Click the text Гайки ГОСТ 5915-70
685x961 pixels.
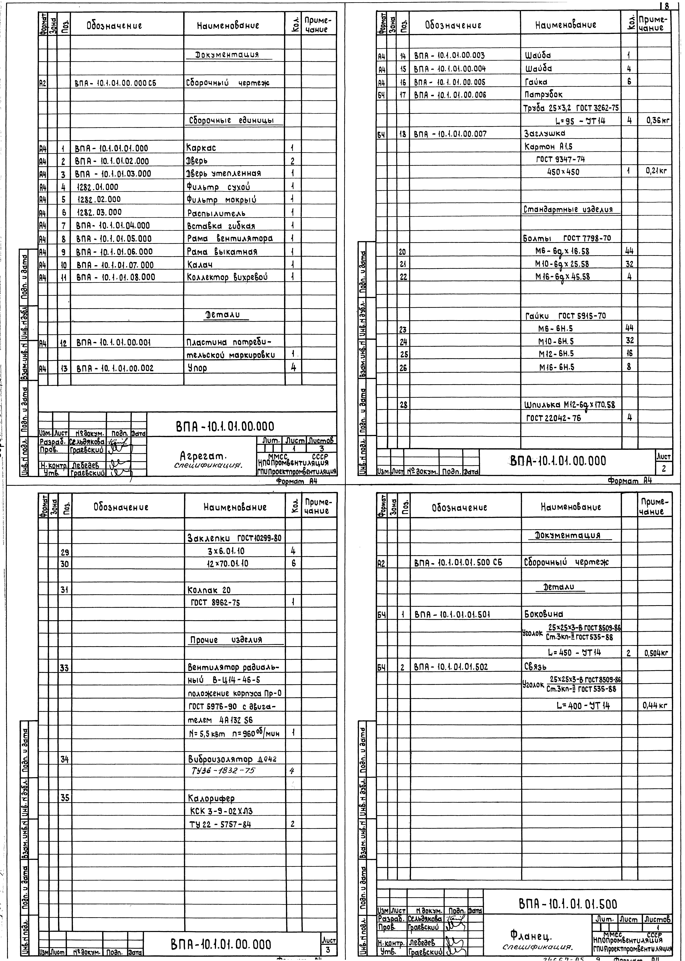pyautogui.click(x=565, y=316)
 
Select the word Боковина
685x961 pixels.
pyautogui.click(x=543, y=614)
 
